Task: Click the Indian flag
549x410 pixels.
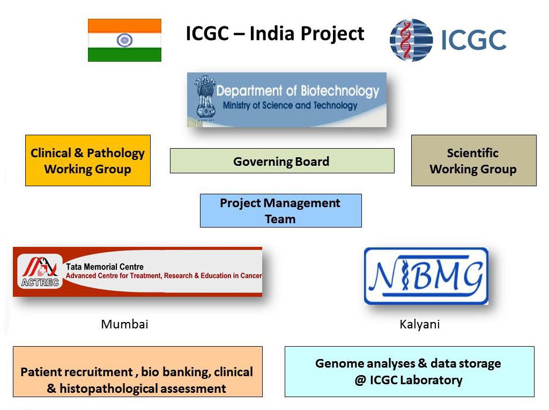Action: click(124, 40)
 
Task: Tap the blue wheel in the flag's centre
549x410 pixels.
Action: click(124, 40)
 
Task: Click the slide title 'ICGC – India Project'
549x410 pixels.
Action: click(275, 34)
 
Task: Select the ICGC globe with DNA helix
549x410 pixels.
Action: click(411, 40)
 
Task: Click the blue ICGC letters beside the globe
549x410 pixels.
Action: click(474, 40)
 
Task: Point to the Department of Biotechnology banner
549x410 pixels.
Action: click(287, 100)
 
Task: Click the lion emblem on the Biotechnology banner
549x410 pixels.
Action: click(205, 97)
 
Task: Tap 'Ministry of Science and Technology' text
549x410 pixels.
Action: click(290, 106)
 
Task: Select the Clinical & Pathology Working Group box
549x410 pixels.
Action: click(88, 160)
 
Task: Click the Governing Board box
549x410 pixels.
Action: click(282, 161)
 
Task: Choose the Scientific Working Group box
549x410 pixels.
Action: click(474, 160)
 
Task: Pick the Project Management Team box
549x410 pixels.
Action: click(281, 210)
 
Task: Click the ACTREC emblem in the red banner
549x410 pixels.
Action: click(40, 272)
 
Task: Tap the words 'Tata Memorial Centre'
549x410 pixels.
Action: click(105, 267)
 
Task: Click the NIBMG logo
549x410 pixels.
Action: click(426, 276)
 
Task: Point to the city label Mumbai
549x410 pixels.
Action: click(124, 324)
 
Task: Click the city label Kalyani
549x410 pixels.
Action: click(419, 325)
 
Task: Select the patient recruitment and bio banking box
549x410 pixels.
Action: click(138, 372)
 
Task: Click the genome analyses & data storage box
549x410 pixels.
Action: click(409, 372)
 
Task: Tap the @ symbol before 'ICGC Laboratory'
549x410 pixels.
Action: click(360, 380)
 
